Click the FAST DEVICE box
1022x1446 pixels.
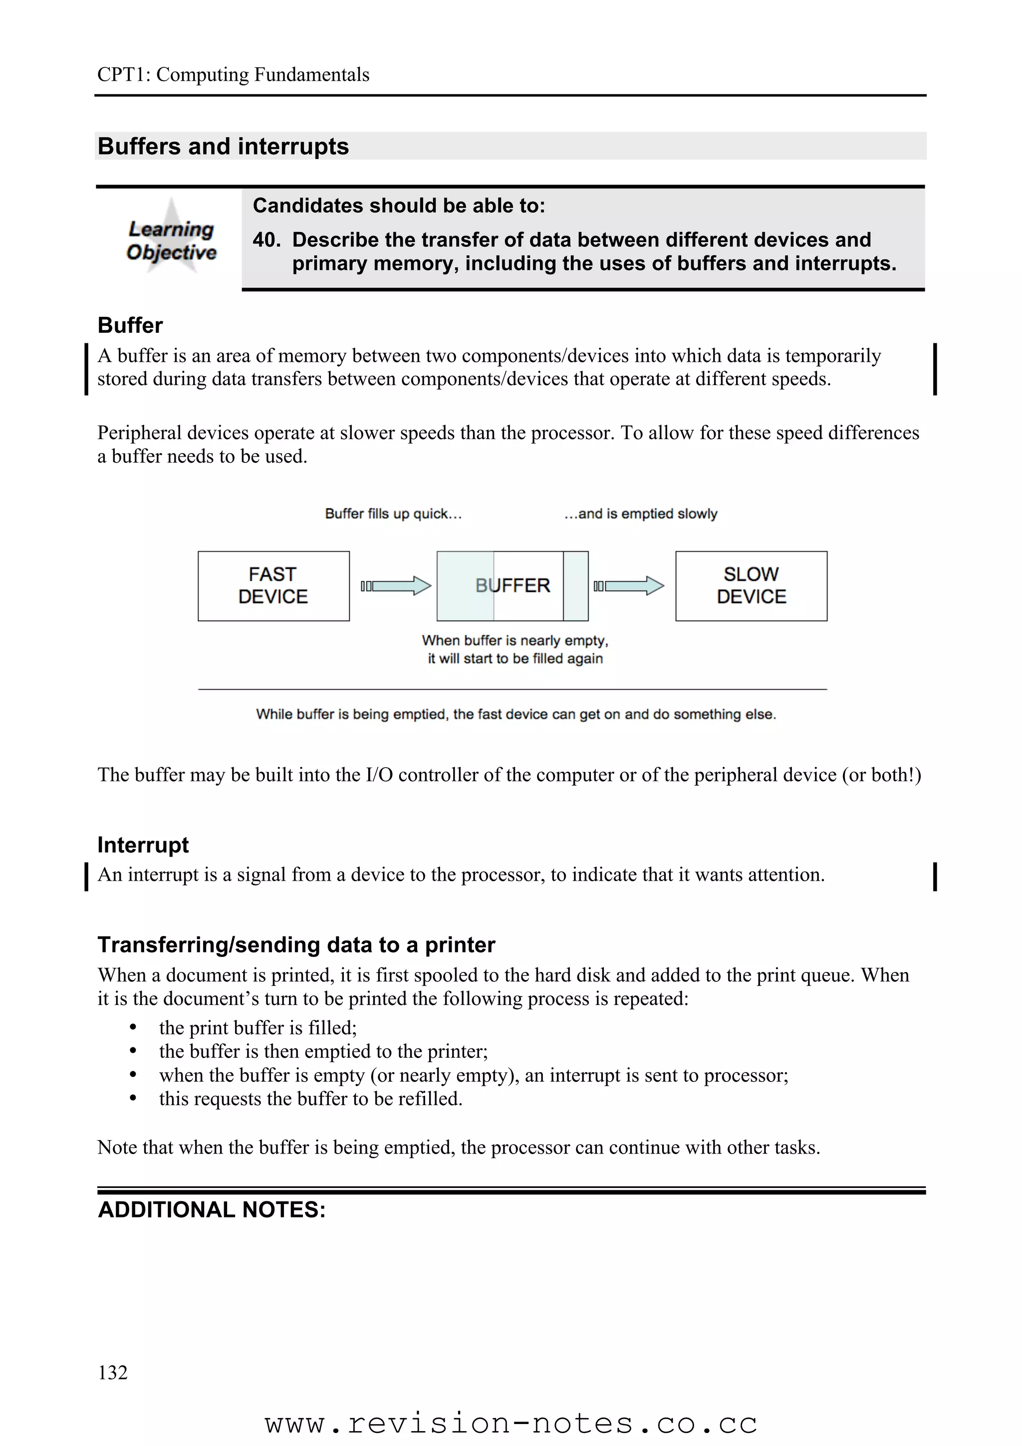tap(273, 586)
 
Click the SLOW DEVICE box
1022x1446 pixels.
tap(751, 586)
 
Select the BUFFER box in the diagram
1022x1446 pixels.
tap(512, 586)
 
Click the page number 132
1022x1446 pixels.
tap(113, 1372)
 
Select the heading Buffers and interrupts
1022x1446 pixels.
tap(223, 146)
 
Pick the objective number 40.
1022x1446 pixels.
tap(266, 240)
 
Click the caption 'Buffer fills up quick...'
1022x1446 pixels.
tap(393, 514)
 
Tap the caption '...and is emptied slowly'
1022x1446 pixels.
tap(640, 514)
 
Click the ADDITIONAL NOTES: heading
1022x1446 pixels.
tap(212, 1210)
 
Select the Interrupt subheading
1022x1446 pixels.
tap(143, 845)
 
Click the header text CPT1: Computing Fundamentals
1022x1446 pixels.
tap(233, 75)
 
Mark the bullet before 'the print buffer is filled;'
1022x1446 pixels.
tap(133, 1028)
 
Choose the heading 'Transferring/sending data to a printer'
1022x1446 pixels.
tap(296, 945)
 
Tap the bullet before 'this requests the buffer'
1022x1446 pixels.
tap(133, 1098)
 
